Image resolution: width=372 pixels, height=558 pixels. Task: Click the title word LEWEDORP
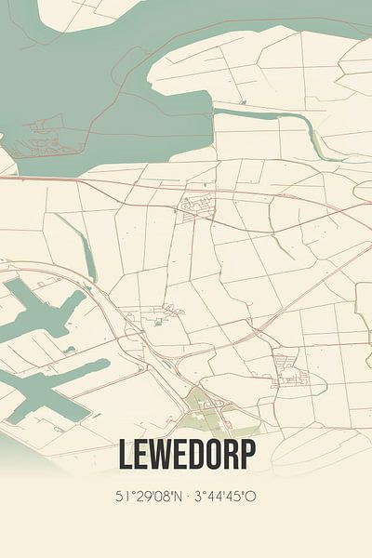point(185,456)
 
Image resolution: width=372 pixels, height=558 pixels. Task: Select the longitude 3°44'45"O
point(222,496)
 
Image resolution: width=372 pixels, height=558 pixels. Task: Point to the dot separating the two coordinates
point(184,496)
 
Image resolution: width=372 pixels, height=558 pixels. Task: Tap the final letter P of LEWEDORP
point(246,456)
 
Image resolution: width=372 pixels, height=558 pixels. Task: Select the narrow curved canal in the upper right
point(270,119)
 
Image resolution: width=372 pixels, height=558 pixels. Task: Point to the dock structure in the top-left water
point(42,139)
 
